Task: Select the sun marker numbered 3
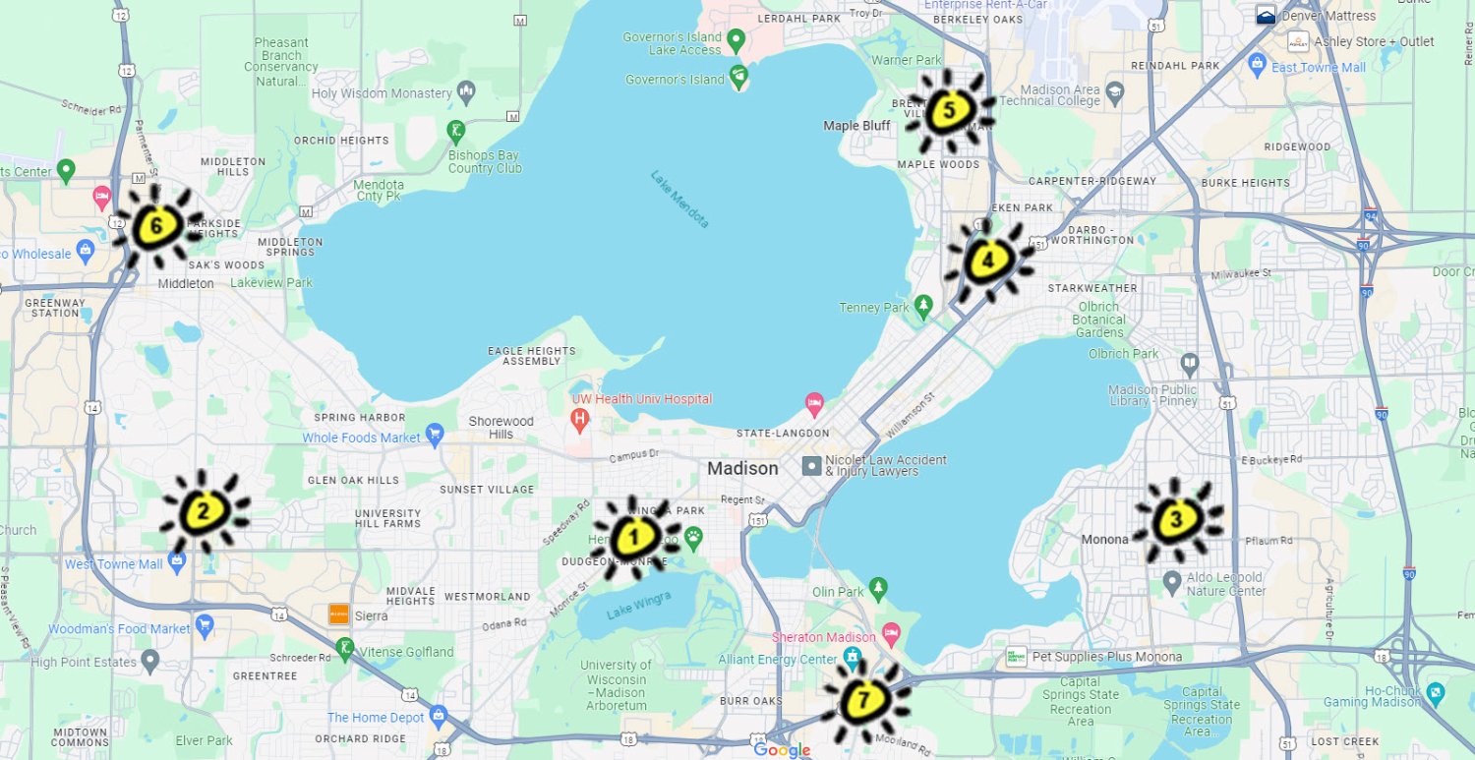pos(1177,520)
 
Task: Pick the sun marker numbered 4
pos(987,261)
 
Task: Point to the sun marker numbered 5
pos(948,110)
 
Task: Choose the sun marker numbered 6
pos(156,228)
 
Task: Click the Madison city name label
pos(742,469)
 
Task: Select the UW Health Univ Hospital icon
pos(580,420)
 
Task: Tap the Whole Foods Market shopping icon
pos(436,437)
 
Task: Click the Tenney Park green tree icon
pos(923,307)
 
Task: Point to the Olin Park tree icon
pos(878,590)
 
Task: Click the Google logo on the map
pos(783,750)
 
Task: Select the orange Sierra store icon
pos(339,614)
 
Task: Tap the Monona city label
pos(1104,540)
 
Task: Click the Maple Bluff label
pos(856,126)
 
